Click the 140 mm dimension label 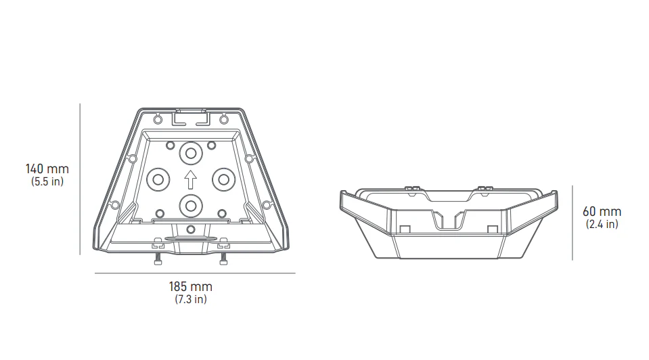47,168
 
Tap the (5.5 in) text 47,181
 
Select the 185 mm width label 190,286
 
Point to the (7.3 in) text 190,299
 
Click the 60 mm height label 602,211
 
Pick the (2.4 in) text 602,224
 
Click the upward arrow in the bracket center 190,179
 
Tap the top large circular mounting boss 191,154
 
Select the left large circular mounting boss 158,179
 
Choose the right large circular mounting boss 223,179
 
